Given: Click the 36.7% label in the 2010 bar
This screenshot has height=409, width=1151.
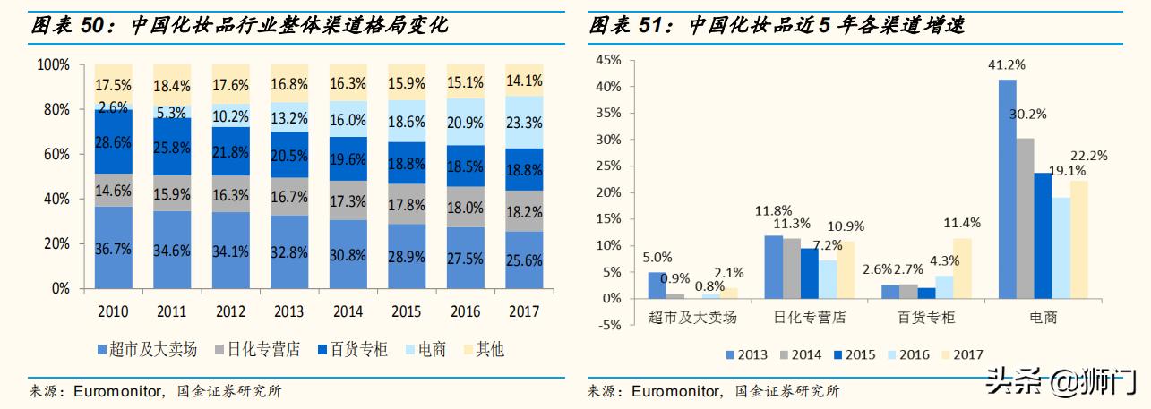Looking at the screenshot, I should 113,251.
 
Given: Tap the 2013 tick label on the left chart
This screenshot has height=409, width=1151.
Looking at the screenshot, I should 289,312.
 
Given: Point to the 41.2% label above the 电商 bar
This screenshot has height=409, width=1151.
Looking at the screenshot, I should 1006,65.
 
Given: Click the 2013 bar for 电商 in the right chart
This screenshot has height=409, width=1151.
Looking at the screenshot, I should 1007,188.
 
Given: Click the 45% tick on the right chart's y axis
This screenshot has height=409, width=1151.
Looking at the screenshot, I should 607,60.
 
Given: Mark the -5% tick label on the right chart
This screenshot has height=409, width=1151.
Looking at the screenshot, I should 607,325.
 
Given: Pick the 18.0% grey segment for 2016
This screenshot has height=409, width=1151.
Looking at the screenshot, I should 465,208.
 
